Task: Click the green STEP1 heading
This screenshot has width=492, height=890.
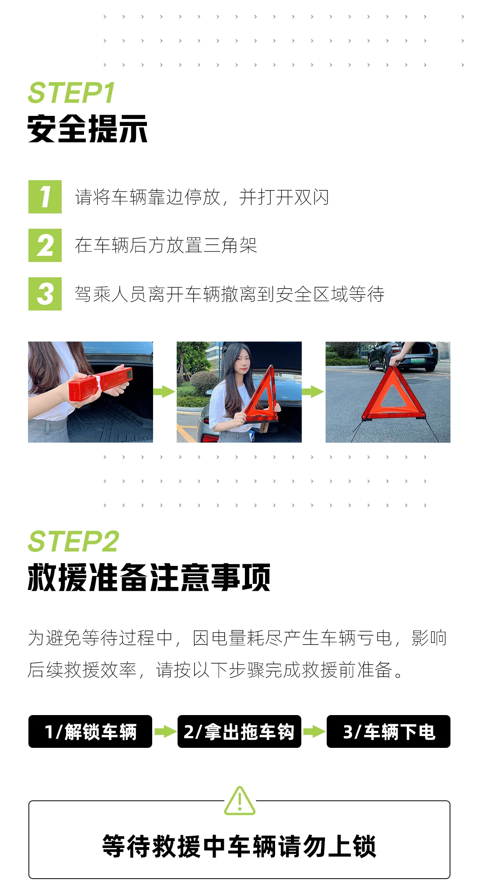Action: coord(71,93)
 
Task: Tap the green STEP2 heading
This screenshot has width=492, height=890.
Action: coord(73,541)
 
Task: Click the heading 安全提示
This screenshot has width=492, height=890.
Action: coord(87,129)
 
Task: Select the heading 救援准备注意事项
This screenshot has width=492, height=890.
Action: coord(149,577)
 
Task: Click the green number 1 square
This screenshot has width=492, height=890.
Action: coord(45,197)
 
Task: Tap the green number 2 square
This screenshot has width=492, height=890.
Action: coord(45,245)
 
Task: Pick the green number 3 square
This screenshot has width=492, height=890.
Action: coord(45,294)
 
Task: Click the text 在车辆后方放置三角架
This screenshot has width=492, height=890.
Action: coord(166,245)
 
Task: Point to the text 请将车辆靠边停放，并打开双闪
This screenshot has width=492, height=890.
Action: coord(202,197)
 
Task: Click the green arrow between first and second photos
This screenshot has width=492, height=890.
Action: coord(164,391)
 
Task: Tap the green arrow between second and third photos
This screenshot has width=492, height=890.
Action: coord(313,391)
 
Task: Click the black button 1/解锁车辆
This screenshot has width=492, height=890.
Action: coord(91,731)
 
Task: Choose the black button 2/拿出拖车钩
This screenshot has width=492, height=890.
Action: coord(239,731)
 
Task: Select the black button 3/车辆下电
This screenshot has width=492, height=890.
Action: coord(388,731)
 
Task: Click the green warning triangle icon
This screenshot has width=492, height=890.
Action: coord(240,801)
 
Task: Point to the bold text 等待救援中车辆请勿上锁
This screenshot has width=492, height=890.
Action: coord(239,846)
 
